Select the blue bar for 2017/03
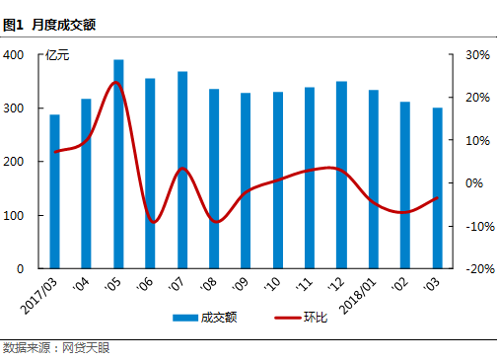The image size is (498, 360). (x=54, y=191)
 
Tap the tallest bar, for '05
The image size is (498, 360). (x=118, y=164)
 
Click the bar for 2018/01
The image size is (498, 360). (x=374, y=179)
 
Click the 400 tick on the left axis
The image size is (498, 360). (x=15, y=55)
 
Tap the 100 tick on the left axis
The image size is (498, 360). (x=15, y=215)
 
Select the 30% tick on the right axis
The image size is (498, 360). (x=477, y=55)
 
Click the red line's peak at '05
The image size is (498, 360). (x=116, y=83)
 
